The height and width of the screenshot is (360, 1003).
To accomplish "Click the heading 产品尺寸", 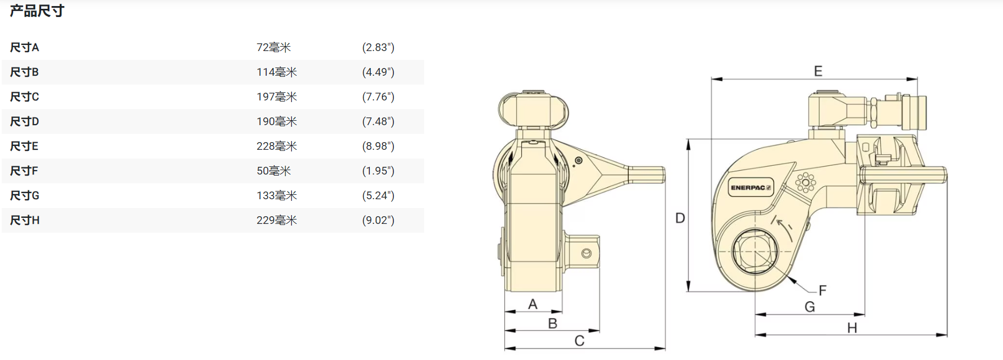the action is coord(37,11).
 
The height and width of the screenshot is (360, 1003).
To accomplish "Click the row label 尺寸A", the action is coord(25,47).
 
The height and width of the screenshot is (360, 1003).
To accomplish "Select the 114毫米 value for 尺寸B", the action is coord(277,72).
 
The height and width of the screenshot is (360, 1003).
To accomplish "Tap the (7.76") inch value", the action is coord(378,97).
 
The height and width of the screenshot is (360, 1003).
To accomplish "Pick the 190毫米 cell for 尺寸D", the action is coord(277,121).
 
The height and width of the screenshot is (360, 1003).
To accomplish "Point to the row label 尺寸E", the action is coord(24,146).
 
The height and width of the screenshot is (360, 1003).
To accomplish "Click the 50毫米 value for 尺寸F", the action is coord(274,171).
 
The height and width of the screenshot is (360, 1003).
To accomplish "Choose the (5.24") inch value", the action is coord(378,195).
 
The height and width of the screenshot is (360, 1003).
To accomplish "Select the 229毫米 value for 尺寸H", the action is coord(277,220).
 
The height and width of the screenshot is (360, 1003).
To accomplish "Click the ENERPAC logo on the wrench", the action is coord(751,187).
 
